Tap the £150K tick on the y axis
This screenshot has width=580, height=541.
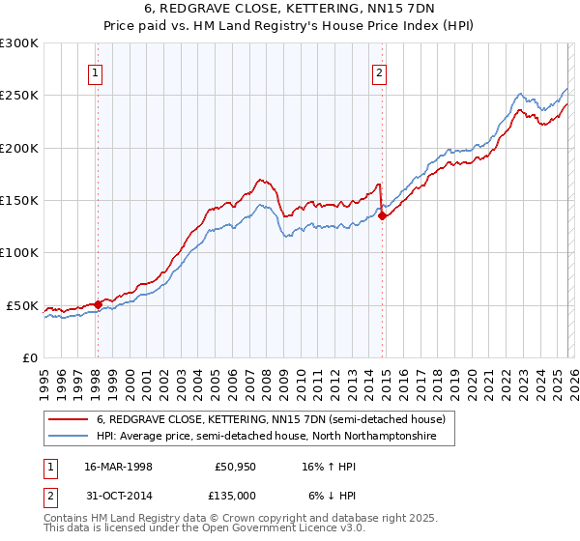[19, 201]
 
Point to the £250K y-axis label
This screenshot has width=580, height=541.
[19, 96]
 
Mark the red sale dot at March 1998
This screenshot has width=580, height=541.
[98, 304]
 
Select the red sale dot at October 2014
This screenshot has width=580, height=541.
[382, 216]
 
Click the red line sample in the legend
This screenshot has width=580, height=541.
[69, 420]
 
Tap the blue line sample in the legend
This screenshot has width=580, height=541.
[69, 437]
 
